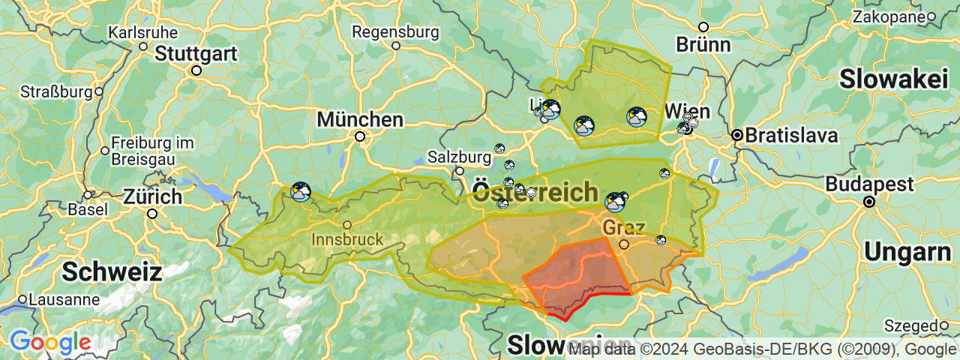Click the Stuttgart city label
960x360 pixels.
[196, 54]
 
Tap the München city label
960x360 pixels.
[360, 119]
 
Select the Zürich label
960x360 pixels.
[153, 197]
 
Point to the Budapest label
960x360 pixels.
[870, 184]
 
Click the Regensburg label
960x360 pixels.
[395, 32]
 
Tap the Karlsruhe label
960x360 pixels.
[143, 33]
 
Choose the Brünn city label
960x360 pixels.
[703, 44]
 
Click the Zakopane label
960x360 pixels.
[888, 16]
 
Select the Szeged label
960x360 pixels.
[911, 325]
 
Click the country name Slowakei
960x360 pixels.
[895, 79]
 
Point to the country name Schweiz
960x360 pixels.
[112, 271]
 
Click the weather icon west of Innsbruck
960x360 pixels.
[301, 192]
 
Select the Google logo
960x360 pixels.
[50, 343]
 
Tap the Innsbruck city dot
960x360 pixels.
[347, 225]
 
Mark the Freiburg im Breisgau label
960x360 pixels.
[152, 150]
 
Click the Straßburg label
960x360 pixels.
[56, 92]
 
